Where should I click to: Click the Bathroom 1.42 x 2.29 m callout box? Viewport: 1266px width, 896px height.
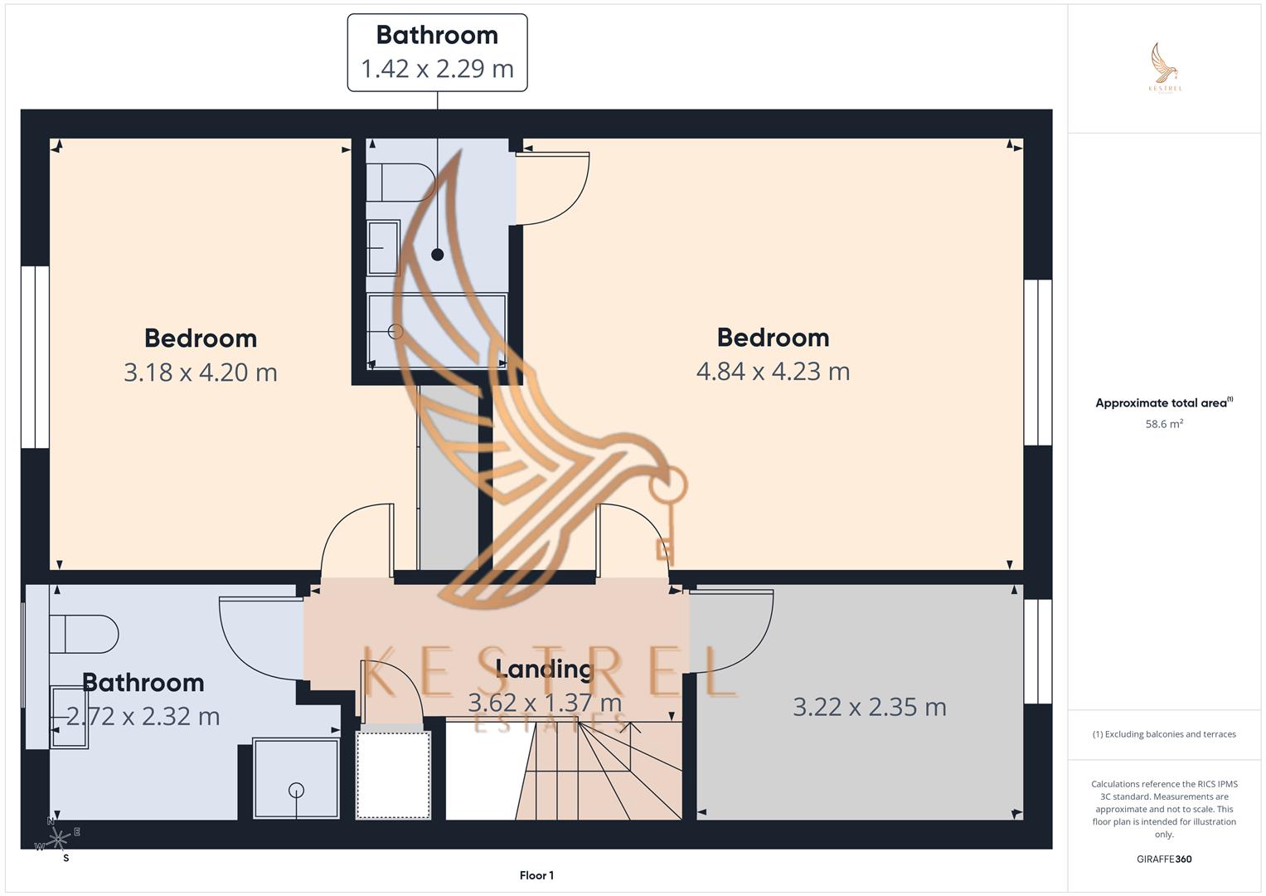coord(437,52)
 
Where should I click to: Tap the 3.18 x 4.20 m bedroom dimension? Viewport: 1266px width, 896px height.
coord(201,373)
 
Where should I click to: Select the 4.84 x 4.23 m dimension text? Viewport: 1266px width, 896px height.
coord(773,371)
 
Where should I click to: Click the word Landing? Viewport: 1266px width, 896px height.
coord(545,669)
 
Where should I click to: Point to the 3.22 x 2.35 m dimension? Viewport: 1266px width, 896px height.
coord(870,707)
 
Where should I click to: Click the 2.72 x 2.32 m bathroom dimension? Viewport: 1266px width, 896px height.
coord(143,716)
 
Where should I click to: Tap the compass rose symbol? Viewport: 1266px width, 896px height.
coord(58,840)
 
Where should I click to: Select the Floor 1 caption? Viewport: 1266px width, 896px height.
coord(536,875)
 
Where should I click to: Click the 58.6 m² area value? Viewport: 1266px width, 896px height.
coord(1164,424)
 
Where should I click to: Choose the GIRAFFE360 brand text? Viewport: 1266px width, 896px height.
coord(1164,859)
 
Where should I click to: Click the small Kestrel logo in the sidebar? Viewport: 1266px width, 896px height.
coord(1165,68)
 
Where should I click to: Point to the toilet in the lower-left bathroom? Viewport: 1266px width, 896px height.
coord(83,635)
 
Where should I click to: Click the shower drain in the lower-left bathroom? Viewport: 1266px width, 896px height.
coord(296,790)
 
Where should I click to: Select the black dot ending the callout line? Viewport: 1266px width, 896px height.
coord(438,255)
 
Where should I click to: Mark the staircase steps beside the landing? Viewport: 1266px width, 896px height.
coord(601,772)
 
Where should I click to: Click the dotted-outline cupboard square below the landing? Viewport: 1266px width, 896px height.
coord(393,775)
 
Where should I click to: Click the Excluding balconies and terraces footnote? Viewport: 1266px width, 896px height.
coord(1164,734)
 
